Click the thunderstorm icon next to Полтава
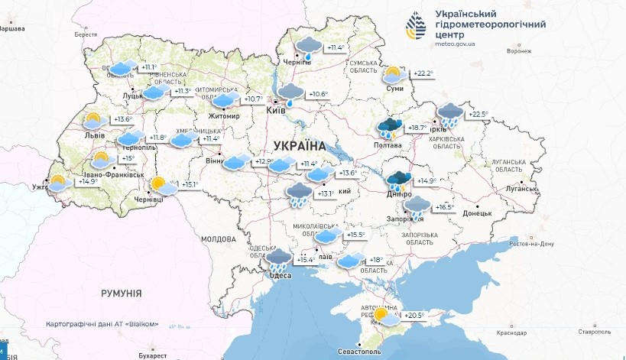[390, 128]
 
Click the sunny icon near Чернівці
[160, 184]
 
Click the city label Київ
[275, 111]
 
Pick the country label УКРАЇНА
[299, 145]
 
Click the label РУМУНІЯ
[122, 293]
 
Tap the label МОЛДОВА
[218, 239]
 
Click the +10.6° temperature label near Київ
[317, 95]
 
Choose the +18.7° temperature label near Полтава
[417, 128]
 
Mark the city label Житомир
[224, 116]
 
